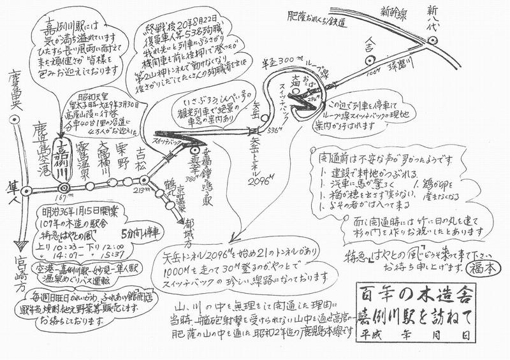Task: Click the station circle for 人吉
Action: [368, 59]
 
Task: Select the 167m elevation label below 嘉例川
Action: [63, 198]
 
